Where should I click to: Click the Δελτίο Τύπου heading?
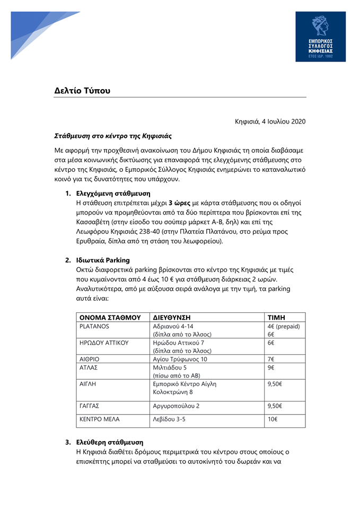coord(82,90)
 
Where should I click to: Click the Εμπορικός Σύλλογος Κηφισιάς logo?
coord(320,37)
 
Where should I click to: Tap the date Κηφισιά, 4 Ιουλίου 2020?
coord(270,121)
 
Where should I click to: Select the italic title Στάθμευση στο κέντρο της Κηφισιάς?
coord(113,136)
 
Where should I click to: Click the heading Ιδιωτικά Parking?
coord(103,260)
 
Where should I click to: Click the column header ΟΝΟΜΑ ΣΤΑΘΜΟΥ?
coord(110,317)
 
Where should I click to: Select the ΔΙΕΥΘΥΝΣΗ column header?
coord(171,317)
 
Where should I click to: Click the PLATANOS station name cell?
coord(94,327)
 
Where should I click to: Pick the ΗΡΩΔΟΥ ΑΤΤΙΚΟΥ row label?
coord(104,343)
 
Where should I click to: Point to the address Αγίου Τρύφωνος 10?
coord(180,359)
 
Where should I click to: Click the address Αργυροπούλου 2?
coord(176,406)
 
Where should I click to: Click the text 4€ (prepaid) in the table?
coord(284,327)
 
